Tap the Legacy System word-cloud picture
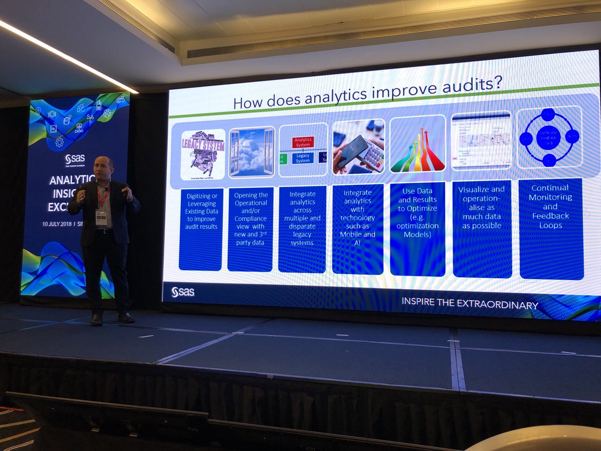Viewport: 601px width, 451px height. coord(202,154)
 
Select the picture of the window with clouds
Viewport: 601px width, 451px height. coord(251,152)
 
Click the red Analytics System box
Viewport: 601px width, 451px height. coord(303,142)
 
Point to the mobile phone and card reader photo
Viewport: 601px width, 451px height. coord(358,147)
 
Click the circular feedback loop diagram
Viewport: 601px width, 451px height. coord(548,137)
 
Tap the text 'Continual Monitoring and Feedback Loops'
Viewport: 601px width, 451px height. coord(550,206)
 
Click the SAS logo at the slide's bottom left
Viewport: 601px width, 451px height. coord(182,292)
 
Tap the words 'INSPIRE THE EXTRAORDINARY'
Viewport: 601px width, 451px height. coord(469,305)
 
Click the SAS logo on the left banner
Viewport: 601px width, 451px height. coord(75,160)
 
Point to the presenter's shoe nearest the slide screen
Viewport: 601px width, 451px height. coord(126,317)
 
